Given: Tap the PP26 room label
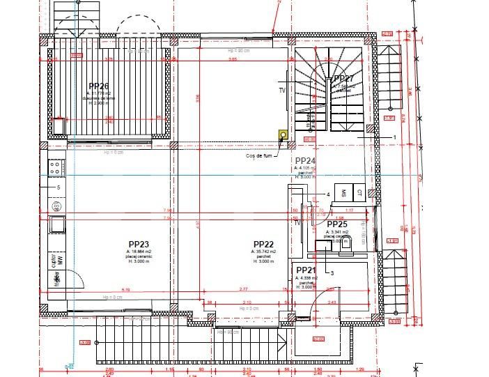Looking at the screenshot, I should coord(102,86).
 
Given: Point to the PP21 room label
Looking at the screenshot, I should coord(306,270).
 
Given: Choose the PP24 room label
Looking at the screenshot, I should coord(306,160).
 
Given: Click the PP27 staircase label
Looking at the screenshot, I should coord(344,79).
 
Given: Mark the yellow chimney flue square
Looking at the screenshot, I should coord(283,135).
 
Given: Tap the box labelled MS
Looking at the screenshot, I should coord(343,193).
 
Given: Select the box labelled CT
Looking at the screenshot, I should coord(359,193).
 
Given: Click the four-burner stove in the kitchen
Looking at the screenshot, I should coord(56,167).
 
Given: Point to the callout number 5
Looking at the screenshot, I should coord(59,187).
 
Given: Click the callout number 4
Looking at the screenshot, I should coord(327,194).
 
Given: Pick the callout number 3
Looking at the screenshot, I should coord(332,272).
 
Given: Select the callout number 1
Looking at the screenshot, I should coord(394,138).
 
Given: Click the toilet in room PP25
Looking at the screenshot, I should coord(349,240).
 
